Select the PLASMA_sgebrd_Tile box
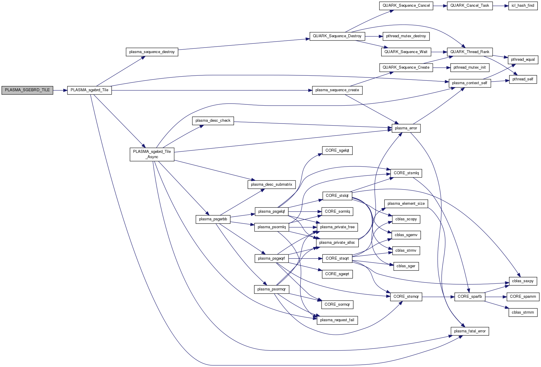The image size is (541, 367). pos(89,90)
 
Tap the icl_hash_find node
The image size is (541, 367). pos(523,6)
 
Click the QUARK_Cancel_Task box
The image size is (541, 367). pos(469,6)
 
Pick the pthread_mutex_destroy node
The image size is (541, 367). pos(406,36)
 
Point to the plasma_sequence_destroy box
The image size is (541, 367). pos(152,52)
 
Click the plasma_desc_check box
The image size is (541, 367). pos(213,121)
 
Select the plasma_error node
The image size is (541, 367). pos(406,128)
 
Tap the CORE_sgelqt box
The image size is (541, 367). pos(337,151)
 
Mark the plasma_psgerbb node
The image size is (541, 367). pos(213,219)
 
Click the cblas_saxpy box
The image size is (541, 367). pos(523,281)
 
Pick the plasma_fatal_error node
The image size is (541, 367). pos(470,332)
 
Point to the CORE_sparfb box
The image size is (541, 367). pos(469,297)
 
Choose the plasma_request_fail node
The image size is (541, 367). pos(337,320)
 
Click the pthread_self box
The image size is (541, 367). pos(523,80)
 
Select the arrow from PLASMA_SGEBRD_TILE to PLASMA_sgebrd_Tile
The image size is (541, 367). pos(60,90)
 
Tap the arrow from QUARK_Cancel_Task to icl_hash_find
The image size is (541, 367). pos(500,6)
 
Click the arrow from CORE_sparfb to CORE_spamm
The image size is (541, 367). pos(496,297)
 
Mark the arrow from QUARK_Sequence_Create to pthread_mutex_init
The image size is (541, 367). pos(441,68)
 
